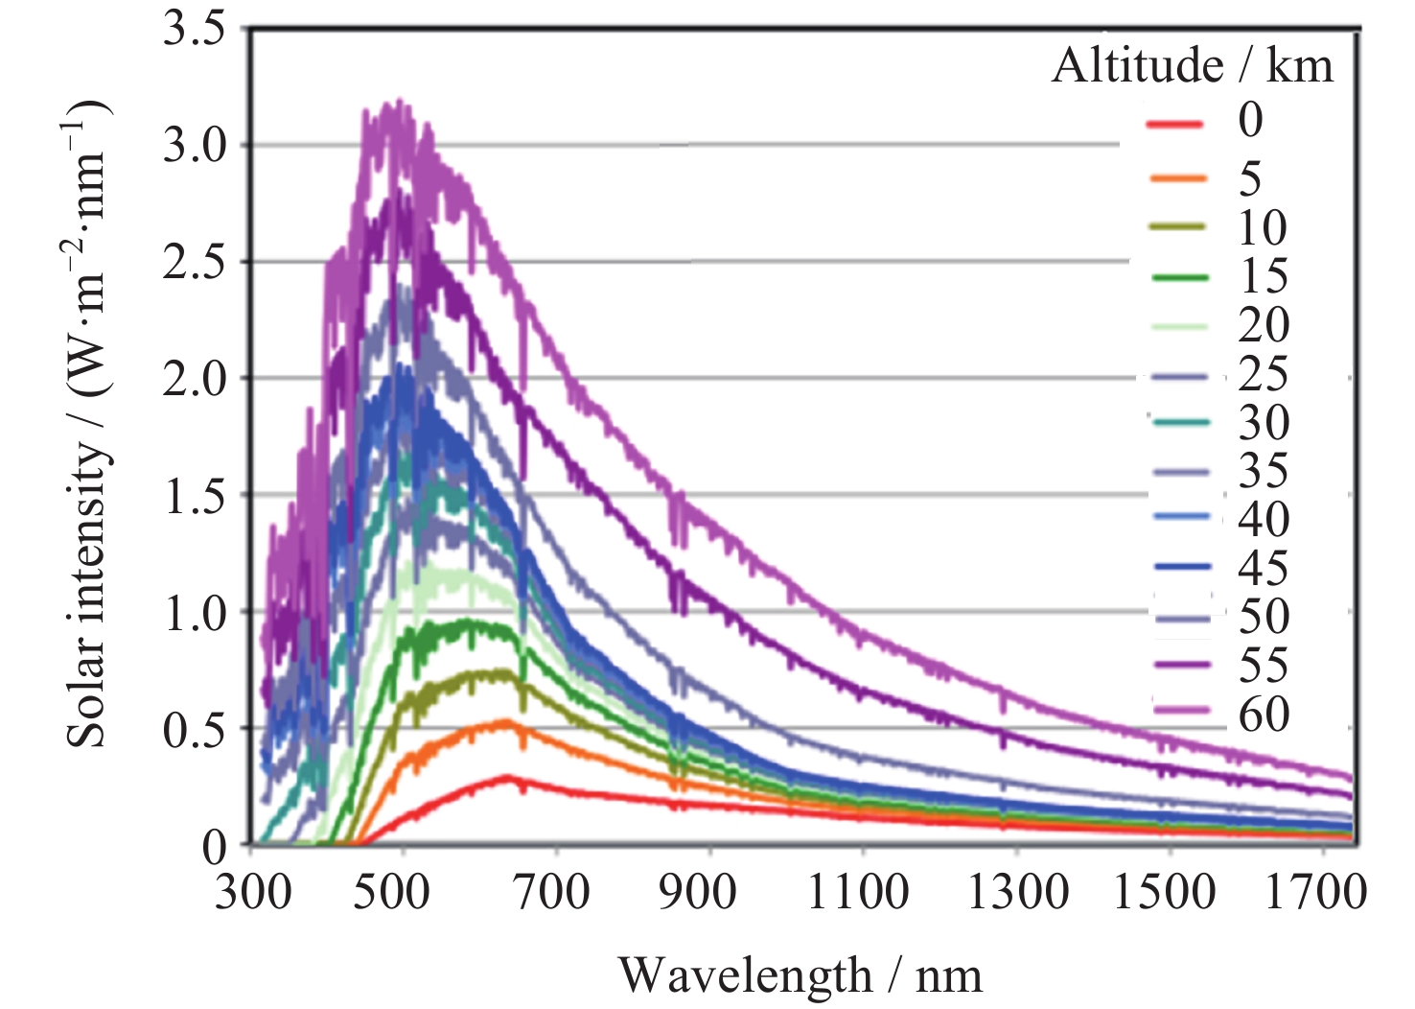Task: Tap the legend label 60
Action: point(1264,715)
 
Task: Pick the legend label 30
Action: point(1264,423)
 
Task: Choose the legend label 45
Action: point(1264,569)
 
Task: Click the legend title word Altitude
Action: point(1137,66)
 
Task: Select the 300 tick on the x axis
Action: point(253,892)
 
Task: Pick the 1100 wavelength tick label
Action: point(858,892)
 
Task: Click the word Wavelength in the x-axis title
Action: point(745,976)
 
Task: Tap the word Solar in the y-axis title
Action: point(86,701)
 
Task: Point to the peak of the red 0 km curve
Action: point(508,777)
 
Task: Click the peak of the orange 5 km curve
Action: point(508,721)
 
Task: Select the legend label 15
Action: point(1264,277)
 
